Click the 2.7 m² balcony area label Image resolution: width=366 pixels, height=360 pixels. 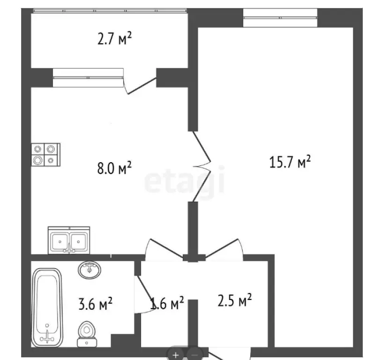click(114, 38)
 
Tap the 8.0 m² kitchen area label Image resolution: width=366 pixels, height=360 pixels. click(114, 168)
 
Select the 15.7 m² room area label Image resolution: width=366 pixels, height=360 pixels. click(290, 163)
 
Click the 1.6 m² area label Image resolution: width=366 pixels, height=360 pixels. click(166, 304)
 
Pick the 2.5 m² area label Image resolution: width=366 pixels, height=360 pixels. click(234, 299)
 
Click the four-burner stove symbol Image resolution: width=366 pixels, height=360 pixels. click(45, 154)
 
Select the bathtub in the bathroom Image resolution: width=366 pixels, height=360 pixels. click(47, 306)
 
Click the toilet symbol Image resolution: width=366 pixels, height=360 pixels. click(86, 331)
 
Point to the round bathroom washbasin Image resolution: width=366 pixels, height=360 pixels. click(90, 270)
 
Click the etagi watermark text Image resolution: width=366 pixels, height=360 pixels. click(184, 182)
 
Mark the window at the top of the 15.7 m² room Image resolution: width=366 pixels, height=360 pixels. click(280, 18)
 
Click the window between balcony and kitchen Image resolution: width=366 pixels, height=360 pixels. click(88, 78)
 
